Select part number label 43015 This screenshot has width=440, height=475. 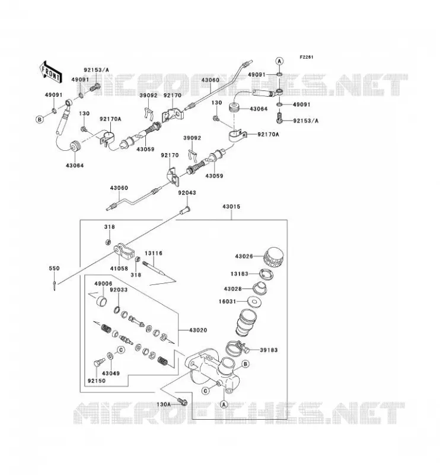(x=231, y=207)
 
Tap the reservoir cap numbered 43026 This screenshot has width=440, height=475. (x=274, y=257)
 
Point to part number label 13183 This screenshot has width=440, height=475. (x=240, y=274)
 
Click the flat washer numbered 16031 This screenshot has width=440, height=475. (x=254, y=302)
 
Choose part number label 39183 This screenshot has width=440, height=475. (x=269, y=350)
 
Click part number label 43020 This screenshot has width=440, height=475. (x=198, y=330)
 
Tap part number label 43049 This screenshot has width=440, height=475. (x=111, y=373)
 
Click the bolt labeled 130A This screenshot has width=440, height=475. (x=183, y=402)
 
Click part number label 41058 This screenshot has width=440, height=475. (x=119, y=268)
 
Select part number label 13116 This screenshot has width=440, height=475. (x=154, y=254)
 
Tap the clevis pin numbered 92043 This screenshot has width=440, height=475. (x=184, y=210)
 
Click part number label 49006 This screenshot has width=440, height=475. (x=103, y=284)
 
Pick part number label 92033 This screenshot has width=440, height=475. (x=119, y=290)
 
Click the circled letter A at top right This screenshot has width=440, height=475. (x=280, y=61)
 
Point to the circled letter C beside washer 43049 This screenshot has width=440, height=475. (x=121, y=350)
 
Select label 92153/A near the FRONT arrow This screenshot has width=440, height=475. (x=96, y=70)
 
